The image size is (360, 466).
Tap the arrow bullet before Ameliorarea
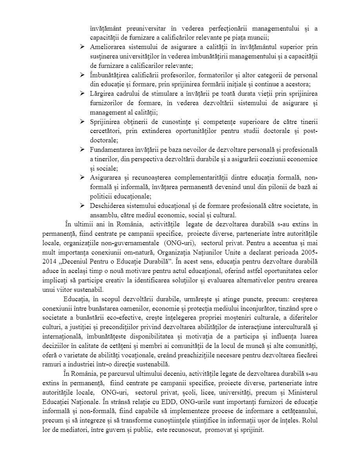(83, 47)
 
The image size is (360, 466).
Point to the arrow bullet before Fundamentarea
(83, 150)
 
